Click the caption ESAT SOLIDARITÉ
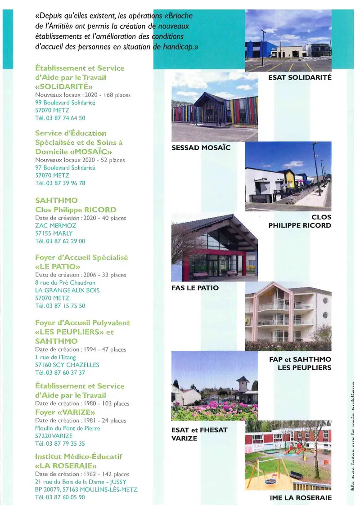(300, 77)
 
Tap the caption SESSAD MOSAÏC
(201, 148)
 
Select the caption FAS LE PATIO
(195, 287)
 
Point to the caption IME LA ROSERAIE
(301, 497)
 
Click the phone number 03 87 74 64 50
(66, 118)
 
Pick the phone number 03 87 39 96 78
(66, 183)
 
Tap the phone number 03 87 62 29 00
(66, 241)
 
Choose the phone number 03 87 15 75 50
(66, 306)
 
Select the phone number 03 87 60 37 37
(66, 373)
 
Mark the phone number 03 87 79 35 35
(66, 443)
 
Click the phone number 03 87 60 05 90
(66, 497)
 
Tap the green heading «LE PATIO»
(58, 266)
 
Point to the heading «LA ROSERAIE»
(66, 466)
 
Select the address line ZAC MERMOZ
(55, 226)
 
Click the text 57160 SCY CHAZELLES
(67, 365)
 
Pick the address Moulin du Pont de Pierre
(67, 428)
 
